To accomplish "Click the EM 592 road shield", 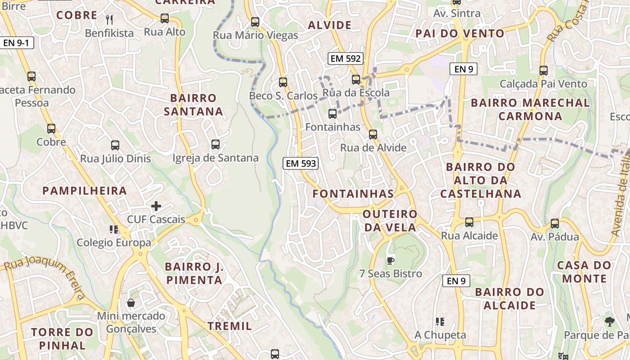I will tap(346, 58).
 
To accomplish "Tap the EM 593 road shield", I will tap(301, 163).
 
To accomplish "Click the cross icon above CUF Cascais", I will tap(156, 206).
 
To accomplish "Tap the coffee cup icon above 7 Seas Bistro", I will tap(391, 260).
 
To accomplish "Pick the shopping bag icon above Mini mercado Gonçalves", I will tap(131, 303).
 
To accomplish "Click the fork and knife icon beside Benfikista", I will tap(109, 19).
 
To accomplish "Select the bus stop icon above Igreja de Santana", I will tap(216, 144).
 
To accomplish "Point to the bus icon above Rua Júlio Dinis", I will tap(115, 145).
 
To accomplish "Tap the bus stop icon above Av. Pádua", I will tap(555, 223).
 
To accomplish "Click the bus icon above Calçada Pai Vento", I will tap(544, 71).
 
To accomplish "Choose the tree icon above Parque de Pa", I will tap(610, 321).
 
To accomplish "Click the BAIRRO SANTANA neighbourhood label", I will tap(193, 104).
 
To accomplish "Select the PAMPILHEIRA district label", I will tap(85, 190).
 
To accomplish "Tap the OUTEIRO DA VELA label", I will tap(390, 220).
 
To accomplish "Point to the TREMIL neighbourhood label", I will tap(229, 326).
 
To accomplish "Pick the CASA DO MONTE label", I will tap(584, 271).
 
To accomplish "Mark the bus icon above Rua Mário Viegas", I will tap(255, 22).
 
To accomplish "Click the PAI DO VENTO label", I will tap(460, 33).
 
